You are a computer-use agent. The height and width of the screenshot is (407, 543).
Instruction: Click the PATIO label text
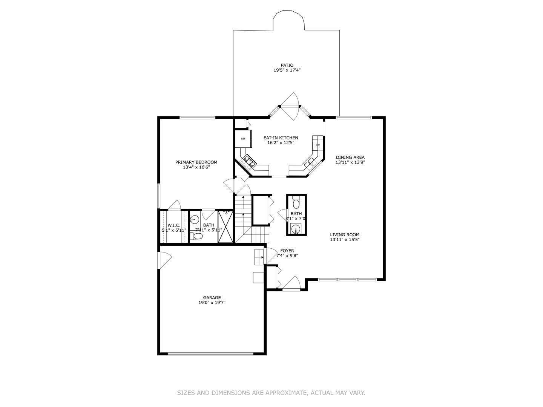287,65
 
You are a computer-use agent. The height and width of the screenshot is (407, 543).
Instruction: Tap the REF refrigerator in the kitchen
243,139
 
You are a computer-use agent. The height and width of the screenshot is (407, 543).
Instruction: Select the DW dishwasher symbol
318,145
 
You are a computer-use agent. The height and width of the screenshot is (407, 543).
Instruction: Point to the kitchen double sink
310,163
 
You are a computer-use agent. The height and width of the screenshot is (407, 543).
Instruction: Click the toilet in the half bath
296,203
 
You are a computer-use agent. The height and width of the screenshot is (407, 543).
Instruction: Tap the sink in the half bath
296,229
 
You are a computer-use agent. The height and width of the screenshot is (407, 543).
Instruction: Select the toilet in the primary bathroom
197,236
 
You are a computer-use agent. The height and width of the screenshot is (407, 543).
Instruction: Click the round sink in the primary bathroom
195,219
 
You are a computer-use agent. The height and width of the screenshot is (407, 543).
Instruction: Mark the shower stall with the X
226,226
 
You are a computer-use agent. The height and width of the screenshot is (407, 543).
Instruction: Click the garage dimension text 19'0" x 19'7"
212,303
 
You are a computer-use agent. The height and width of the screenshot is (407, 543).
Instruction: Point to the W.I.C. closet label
174,225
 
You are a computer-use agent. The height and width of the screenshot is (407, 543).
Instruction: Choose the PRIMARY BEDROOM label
196,162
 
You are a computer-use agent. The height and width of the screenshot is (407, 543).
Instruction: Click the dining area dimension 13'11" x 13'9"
350,162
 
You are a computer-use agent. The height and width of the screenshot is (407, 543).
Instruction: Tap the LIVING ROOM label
345,234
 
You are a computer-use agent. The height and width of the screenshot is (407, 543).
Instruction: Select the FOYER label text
287,251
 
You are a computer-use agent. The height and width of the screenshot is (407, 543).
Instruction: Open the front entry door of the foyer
291,285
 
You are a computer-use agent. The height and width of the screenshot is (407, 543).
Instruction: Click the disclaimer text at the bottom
271,393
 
